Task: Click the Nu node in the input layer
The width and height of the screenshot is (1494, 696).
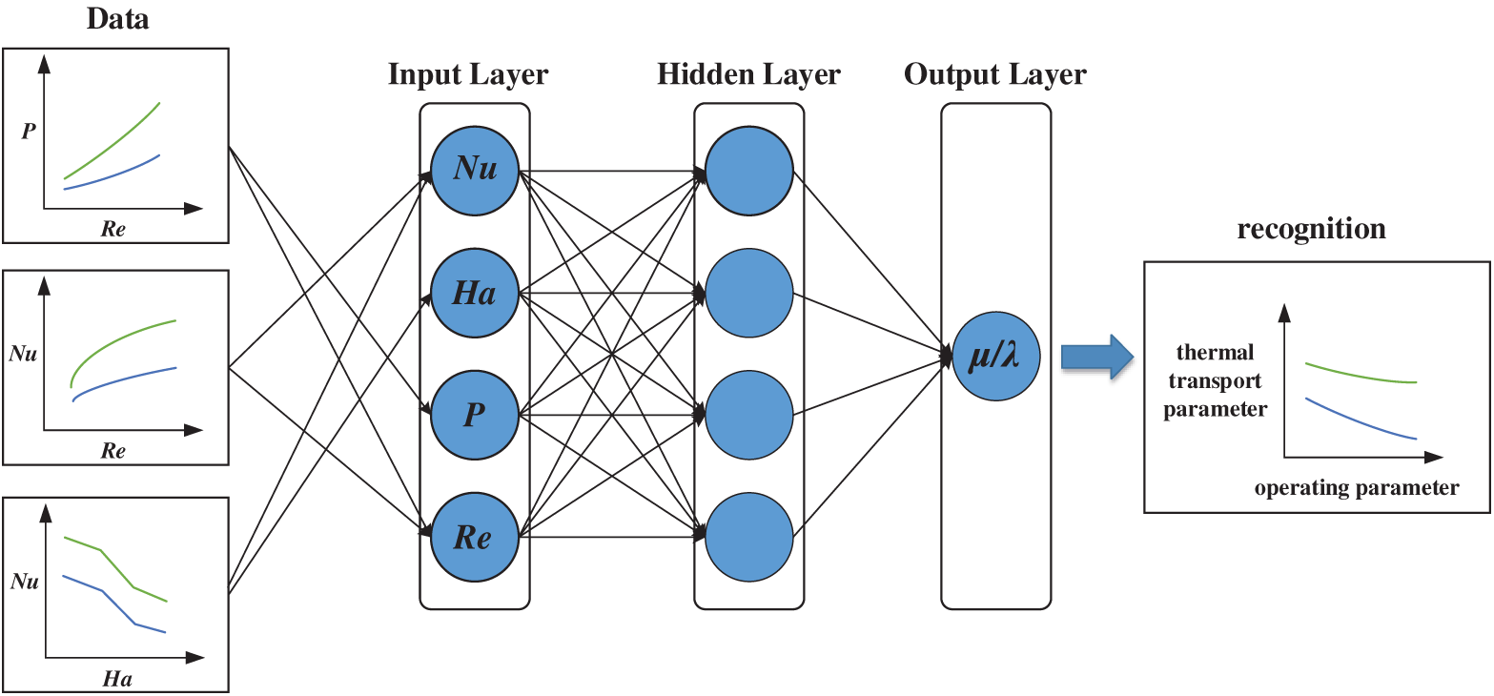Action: click(x=475, y=171)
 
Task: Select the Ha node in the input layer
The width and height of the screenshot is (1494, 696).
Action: click(x=475, y=293)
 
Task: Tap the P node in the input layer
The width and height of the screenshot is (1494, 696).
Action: click(x=475, y=415)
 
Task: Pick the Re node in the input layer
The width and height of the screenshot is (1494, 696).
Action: click(x=475, y=537)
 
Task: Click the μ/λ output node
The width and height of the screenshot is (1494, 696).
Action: click(x=995, y=356)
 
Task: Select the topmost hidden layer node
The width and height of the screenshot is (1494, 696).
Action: click(x=749, y=171)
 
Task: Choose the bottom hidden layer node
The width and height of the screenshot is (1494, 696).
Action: click(x=749, y=537)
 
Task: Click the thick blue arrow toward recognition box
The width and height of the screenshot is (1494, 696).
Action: click(x=1097, y=357)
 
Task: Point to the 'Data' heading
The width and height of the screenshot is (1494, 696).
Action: click(x=117, y=19)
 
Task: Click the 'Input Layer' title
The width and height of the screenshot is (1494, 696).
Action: click(x=468, y=74)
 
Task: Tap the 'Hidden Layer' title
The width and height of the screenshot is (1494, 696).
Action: click(x=749, y=74)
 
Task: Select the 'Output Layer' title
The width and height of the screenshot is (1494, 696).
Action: click(x=995, y=74)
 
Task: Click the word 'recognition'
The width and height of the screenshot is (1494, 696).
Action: click(x=1311, y=229)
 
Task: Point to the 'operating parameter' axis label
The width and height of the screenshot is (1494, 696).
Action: click(x=1357, y=487)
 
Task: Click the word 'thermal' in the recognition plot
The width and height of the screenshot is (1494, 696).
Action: click(x=1216, y=351)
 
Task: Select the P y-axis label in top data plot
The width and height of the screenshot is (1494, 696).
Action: click(x=29, y=131)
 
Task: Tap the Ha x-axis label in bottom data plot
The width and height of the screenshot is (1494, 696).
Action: click(x=117, y=680)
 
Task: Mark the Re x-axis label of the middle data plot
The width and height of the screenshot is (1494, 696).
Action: click(x=113, y=451)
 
